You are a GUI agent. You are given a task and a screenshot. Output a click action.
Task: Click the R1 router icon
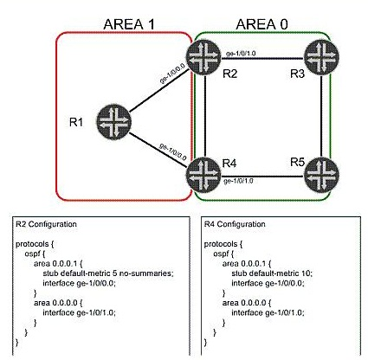(x=113, y=122)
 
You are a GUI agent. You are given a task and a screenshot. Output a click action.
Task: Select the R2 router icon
(x=203, y=57)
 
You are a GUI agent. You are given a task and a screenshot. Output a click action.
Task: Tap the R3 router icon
(x=321, y=57)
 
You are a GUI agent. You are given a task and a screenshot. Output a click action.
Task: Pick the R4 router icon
(x=203, y=175)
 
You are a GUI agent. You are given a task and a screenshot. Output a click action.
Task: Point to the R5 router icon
(x=321, y=175)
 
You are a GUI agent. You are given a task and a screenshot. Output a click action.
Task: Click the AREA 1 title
(x=129, y=24)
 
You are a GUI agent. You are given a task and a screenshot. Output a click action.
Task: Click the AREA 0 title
(x=261, y=24)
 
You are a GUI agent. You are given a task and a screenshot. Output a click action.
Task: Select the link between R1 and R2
(x=159, y=90)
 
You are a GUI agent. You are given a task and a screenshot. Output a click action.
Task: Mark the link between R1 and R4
(x=158, y=150)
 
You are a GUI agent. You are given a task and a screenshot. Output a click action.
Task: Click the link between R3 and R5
(x=321, y=116)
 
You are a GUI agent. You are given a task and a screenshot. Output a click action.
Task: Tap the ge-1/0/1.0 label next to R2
(x=241, y=54)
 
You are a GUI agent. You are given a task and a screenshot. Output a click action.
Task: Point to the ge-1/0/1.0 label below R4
(x=238, y=181)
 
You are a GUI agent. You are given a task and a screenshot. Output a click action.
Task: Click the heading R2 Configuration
(x=46, y=224)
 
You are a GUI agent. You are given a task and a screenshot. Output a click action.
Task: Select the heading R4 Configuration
(x=235, y=224)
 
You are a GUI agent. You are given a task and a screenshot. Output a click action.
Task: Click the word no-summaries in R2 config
(x=146, y=273)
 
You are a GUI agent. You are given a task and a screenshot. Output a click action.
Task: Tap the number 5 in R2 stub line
(x=114, y=273)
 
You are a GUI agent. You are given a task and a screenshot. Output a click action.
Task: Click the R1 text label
(x=76, y=122)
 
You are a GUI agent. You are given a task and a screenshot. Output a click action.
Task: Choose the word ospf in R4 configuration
(x=221, y=254)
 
